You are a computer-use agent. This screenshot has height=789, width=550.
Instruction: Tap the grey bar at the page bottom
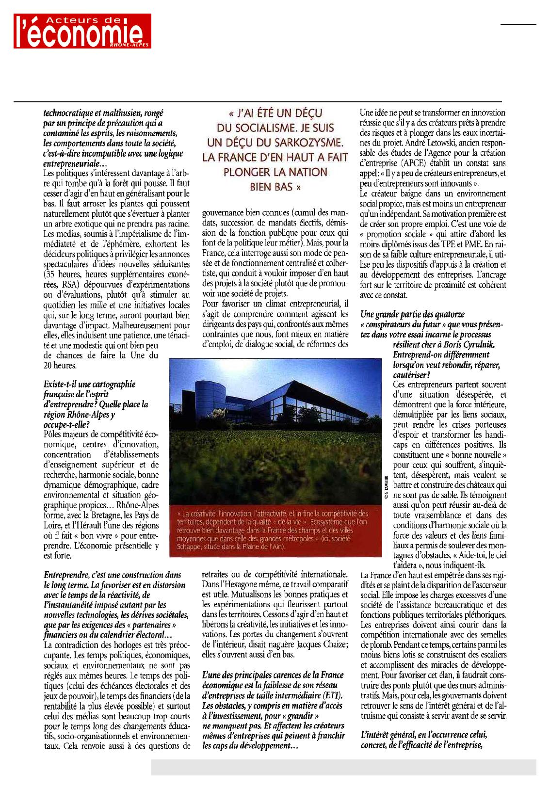click(x=343, y=767)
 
